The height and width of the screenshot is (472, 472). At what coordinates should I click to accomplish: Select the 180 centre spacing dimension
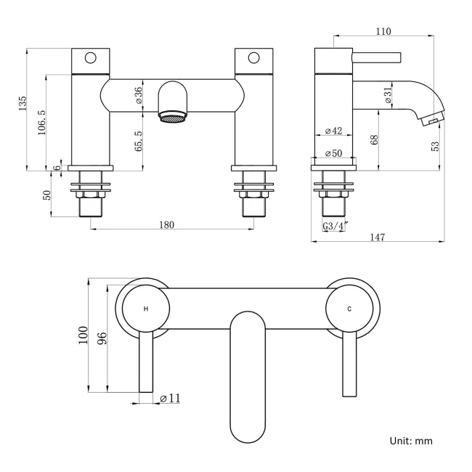pyautogui.click(x=166, y=224)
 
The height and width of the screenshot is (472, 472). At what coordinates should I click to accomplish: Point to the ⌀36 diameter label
pyautogui.click(x=139, y=96)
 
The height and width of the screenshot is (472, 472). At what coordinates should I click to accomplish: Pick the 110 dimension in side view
pyautogui.click(x=384, y=31)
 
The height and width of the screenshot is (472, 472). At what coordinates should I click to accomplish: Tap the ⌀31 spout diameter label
pyautogui.click(x=387, y=94)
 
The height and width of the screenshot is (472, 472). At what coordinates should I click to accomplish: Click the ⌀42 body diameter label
pyautogui.click(x=334, y=131)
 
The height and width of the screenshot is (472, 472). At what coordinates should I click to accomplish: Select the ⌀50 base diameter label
pyautogui.click(x=334, y=153)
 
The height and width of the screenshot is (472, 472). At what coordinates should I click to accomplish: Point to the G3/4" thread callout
pyautogui.click(x=335, y=227)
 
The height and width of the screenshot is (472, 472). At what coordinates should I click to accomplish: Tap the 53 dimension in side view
pyautogui.click(x=435, y=145)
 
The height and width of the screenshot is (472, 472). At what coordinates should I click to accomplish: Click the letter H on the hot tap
pyautogui.click(x=146, y=309)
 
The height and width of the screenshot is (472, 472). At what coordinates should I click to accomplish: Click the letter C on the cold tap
pyautogui.click(x=349, y=309)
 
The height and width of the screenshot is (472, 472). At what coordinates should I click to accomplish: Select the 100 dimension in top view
pyautogui.click(x=86, y=336)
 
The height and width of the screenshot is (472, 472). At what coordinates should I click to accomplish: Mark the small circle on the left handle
pyautogui.click(x=91, y=57)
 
